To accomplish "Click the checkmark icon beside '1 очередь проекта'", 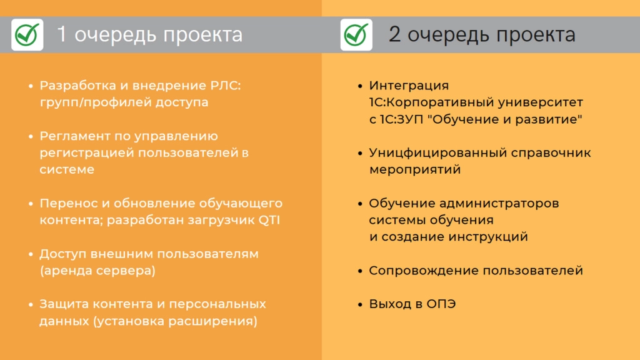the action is (27, 35).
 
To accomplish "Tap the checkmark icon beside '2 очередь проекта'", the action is (356, 35).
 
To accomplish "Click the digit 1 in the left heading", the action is (62, 34).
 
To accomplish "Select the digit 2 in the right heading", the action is (394, 34).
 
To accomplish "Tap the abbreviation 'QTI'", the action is (269, 221).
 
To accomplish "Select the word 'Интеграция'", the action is (409, 86).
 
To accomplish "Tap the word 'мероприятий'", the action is (415, 170).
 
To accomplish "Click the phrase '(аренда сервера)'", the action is (97, 271).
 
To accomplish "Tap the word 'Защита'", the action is (64, 304).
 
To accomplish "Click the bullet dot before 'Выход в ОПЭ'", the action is (360, 304).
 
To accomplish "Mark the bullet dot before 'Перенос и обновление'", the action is (31, 204).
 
